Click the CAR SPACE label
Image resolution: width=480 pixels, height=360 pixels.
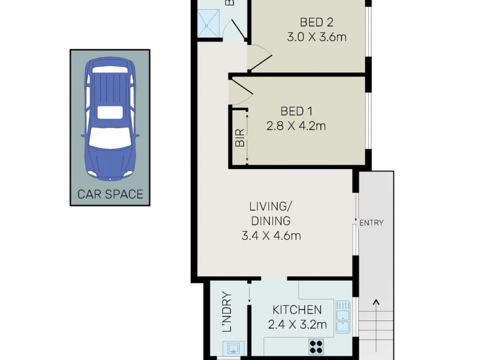click(110, 194)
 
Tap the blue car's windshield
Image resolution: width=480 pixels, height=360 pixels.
click(110, 139)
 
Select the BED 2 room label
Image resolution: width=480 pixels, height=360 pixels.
click(316, 23)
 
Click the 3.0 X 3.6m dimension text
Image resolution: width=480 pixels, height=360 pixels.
click(316, 37)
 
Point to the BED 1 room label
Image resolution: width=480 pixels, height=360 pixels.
click(296, 111)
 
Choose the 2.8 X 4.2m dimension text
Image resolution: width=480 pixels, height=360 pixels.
click(296, 126)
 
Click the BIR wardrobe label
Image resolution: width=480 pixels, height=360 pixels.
click(239, 140)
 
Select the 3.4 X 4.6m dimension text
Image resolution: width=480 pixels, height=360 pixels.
click(271, 236)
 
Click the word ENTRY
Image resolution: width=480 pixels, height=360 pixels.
click(371, 223)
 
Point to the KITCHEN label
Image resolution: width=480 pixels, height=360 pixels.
click(297, 310)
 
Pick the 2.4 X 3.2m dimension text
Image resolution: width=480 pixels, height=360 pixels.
click(297, 325)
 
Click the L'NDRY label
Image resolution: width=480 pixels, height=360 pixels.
click(227, 312)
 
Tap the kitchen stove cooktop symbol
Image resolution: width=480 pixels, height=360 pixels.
click(316, 347)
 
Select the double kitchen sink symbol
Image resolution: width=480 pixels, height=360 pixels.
click(343, 316)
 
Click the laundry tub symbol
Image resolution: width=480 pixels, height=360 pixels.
click(233, 348)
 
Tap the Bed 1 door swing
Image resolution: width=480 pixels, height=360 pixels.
click(241, 90)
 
